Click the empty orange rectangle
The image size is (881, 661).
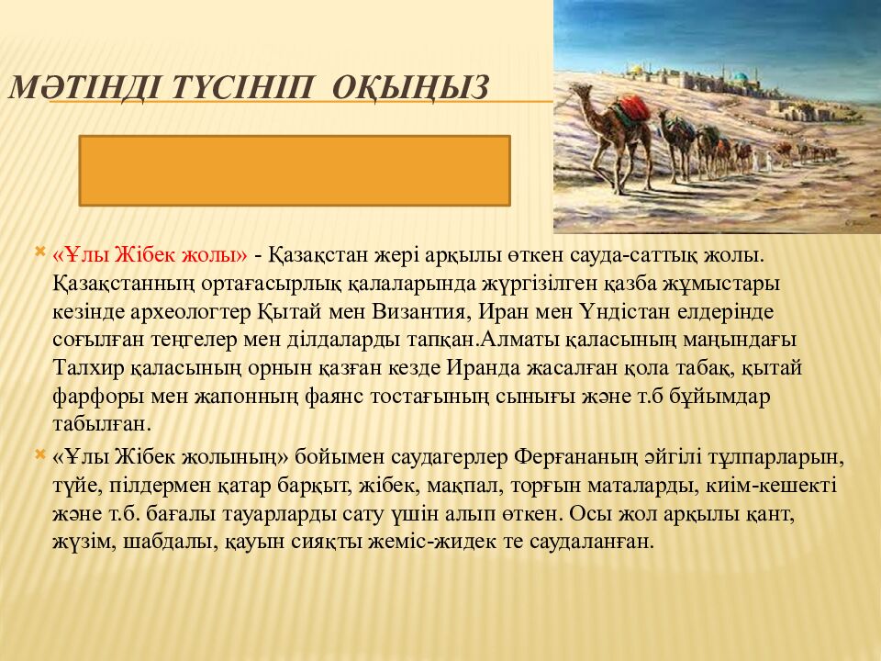[x=295, y=171]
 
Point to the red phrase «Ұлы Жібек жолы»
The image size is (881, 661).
[x=151, y=252]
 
